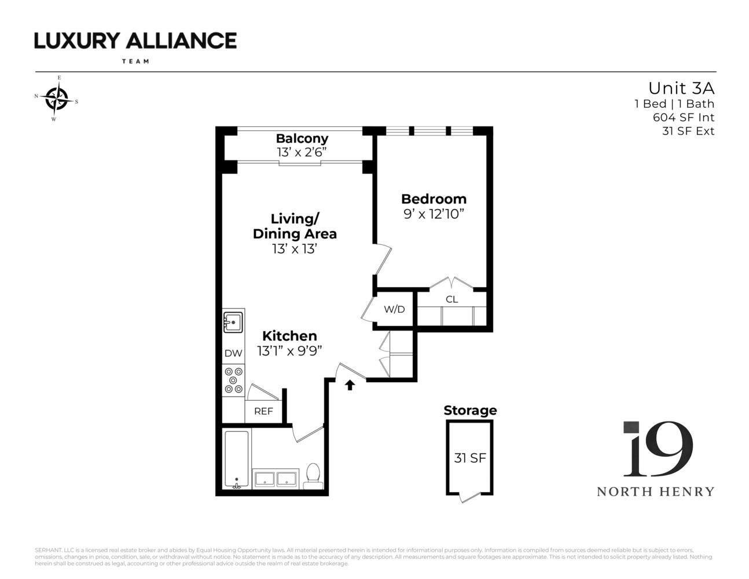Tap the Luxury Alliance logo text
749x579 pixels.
(135, 41)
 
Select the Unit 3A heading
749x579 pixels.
(681, 88)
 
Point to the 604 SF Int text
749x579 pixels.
(684, 118)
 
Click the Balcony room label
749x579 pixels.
(302, 138)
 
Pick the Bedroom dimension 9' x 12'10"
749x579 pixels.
(434, 214)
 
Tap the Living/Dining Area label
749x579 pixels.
(295, 226)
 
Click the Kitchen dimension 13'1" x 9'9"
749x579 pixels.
(289, 351)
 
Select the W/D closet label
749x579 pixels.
(394, 309)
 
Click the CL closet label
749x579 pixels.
(451, 299)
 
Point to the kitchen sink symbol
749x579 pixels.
(233, 321)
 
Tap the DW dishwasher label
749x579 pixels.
(233, 353)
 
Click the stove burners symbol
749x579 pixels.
(233, 380)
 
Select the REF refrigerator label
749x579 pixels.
(263, 411)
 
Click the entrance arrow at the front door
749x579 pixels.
(350, 385)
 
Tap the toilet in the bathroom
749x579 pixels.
(313, 474)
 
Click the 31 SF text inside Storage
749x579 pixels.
(469, 458)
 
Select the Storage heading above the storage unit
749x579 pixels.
(470, 411)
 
